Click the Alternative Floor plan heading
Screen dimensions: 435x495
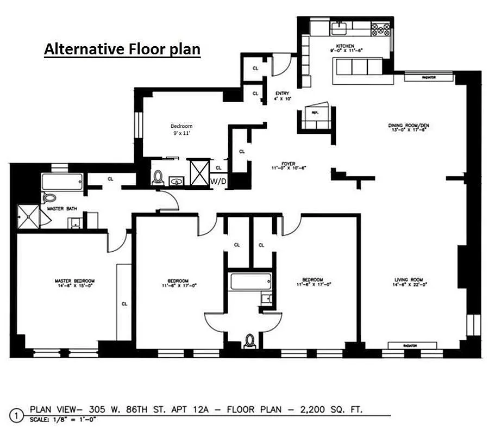tap(122, 49)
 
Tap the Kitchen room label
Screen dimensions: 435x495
tap(345, 47)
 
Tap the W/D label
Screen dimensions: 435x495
tap(218, 181)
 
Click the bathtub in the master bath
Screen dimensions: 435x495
tap(63, 181)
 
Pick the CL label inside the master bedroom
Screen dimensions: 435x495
tap(124, 303)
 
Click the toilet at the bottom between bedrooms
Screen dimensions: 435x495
tap(249, 341)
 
